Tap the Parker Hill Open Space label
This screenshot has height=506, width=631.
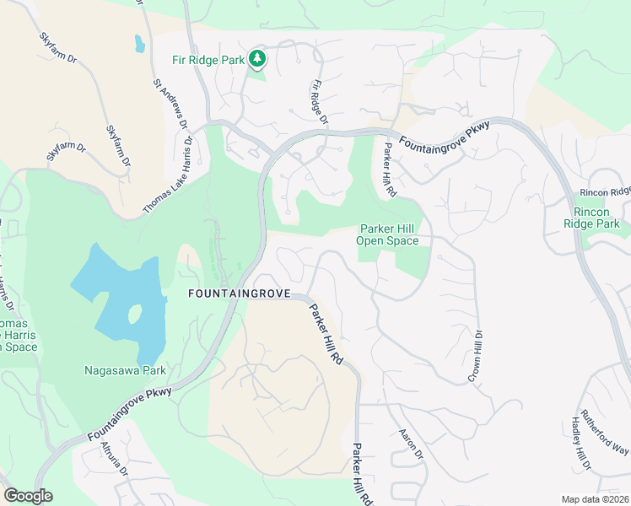(x=388, y=234)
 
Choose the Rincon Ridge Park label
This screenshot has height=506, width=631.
(x=596, y=217)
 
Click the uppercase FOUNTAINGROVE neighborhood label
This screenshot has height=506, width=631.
(x=239, y=294)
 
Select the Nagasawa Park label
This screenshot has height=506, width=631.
(x=125, y=370)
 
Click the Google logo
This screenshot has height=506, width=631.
(x=28, y=496)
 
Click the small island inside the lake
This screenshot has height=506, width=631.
(x=133, y=315)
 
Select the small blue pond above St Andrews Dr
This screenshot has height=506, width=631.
(x=139, y=43)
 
